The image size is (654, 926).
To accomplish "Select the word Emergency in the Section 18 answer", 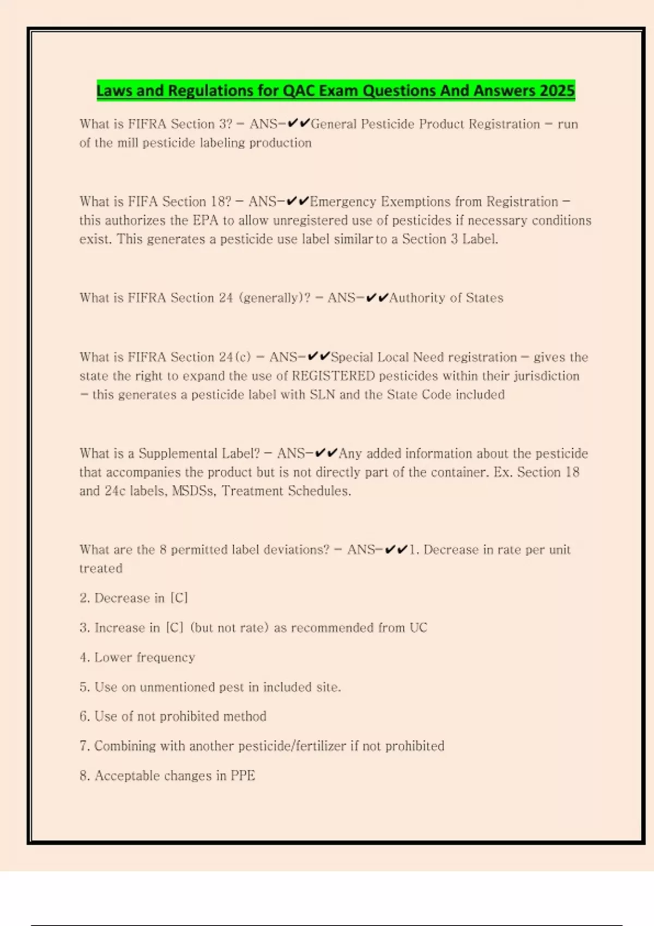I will (x=343, y=202).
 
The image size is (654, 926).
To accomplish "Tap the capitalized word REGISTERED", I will (x=334, y=376).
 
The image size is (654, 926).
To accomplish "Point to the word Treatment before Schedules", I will (x=252, y=491).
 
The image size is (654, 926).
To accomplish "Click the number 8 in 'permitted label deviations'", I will (x=163, y=550).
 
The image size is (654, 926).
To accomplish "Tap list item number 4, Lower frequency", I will (x=137, y=657).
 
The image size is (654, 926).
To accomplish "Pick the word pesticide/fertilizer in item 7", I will (x=292, y=746).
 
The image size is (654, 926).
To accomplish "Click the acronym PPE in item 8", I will (x=243, y=776).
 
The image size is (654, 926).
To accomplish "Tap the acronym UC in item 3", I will (x=418, y=628).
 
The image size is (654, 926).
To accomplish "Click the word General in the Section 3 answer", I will (x=334, y=124).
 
